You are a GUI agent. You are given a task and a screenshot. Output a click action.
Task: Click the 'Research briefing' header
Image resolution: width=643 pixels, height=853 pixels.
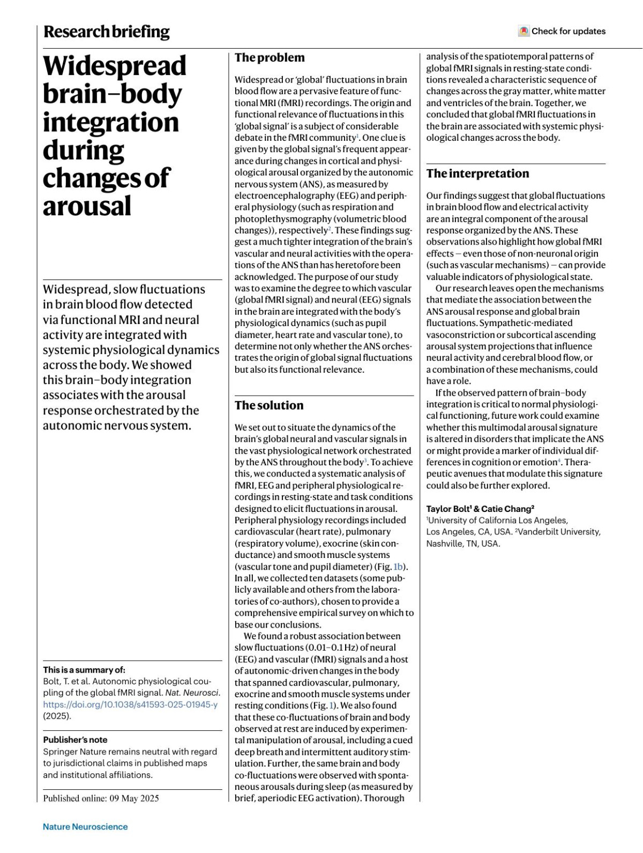106,32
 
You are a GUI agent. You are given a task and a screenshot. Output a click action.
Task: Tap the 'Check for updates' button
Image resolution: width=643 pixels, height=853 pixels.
562,31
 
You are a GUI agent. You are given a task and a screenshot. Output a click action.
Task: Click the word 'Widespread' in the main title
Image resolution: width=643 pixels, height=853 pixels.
115,66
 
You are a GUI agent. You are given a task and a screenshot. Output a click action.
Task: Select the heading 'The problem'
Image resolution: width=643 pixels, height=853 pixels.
270,58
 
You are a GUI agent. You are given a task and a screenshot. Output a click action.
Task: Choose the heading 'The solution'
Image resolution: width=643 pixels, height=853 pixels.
269,405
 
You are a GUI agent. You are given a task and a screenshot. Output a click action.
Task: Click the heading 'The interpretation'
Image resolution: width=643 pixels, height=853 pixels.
477,173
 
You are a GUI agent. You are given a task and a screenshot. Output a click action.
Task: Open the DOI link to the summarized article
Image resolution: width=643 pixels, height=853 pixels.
130,705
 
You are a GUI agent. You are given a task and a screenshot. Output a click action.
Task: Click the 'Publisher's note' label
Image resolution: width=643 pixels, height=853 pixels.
75,740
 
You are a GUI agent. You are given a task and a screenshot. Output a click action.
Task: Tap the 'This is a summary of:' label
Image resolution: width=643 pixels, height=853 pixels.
84,670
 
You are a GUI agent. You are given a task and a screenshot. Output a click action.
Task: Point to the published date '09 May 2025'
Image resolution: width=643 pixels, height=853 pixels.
134,798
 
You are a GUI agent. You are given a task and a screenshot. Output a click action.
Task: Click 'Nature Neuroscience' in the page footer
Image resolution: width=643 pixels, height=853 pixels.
85,827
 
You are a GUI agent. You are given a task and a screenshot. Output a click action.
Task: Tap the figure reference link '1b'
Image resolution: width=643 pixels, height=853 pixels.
399,567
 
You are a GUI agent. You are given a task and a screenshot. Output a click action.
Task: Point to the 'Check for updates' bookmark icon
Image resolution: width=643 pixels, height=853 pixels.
524,31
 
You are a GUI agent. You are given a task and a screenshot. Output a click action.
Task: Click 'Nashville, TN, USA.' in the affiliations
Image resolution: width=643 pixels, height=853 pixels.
463,543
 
